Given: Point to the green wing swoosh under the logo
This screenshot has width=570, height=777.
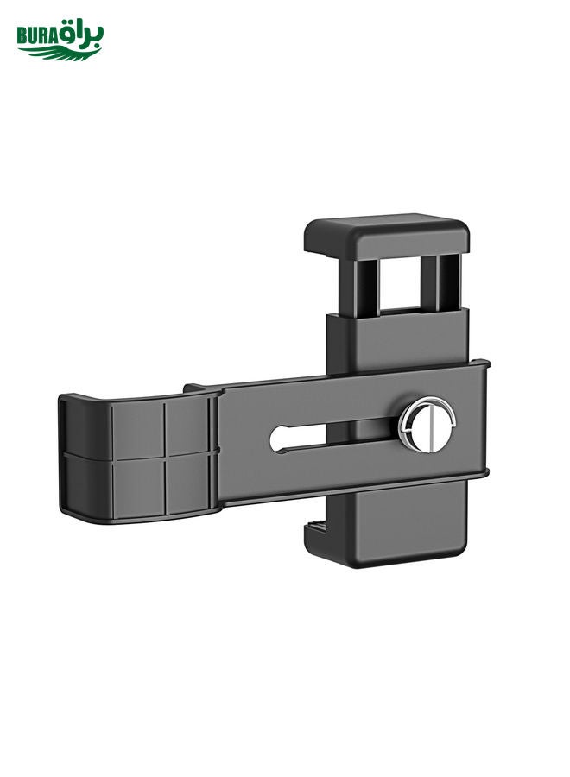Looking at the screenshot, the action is pos(62,53).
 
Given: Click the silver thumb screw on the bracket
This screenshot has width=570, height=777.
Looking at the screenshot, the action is pos(427,425).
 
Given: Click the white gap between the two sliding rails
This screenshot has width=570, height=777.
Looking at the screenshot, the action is pos(400,282).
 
